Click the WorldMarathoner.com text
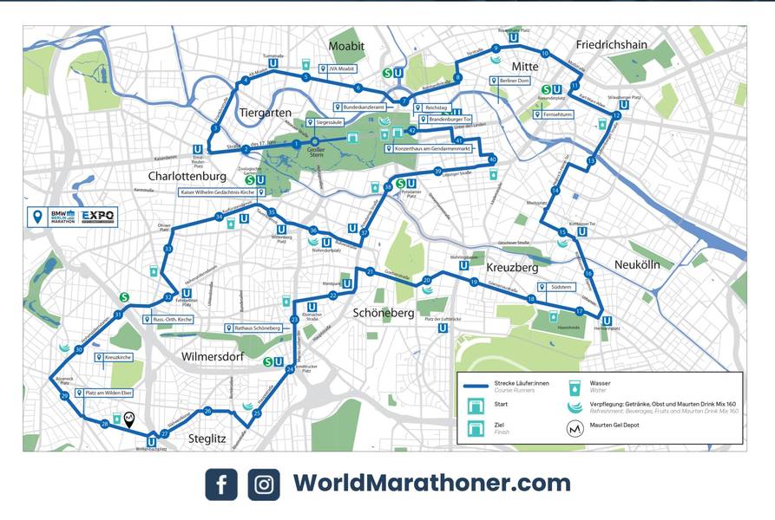click(x=431, y=483)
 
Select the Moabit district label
click(x=346, y=46)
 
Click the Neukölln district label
click(x=638, y=263)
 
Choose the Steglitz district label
click(x=207, y=439)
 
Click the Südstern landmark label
click(x=555, y=287)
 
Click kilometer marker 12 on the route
click(x=616, y=115)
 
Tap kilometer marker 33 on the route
click(x=167, y=250)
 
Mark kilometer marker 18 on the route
click(x=531, y=299)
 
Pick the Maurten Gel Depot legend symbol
click(x=573, y=428)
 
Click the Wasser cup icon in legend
click(x=573, y=387)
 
